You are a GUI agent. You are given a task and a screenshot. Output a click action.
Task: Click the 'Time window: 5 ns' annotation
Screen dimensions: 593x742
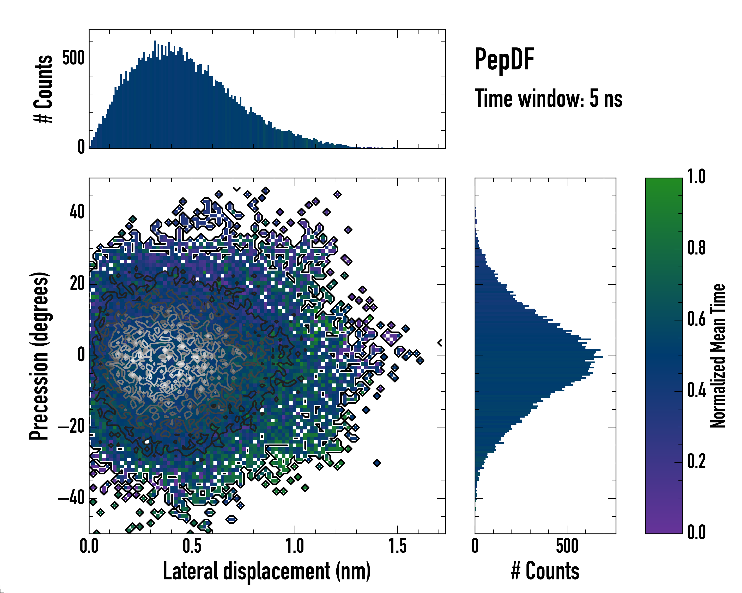coord(548,99)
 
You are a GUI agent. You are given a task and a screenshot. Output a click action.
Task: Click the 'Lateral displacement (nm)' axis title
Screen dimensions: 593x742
coord(267,571)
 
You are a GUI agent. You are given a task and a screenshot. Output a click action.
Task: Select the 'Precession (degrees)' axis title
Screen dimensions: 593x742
coord(39,356)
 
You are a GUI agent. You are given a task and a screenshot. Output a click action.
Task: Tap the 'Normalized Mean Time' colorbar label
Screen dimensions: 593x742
coord(718,356)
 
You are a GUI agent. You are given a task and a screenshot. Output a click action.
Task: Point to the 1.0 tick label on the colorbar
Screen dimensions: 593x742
coord(696,177)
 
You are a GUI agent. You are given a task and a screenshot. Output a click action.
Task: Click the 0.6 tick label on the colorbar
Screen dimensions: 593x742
coord(696,319)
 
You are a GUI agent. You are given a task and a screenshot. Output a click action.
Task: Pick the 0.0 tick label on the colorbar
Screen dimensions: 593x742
coord(696,532)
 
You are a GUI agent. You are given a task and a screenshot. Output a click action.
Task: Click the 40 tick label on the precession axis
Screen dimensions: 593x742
coord(77,212)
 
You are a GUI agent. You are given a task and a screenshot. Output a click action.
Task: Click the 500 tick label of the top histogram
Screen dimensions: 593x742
coord(73,59)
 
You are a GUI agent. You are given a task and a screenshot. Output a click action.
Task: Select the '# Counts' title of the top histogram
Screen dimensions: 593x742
coord(43,89)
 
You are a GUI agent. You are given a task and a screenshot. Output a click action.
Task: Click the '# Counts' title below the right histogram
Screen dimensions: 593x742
coord(545,571)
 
